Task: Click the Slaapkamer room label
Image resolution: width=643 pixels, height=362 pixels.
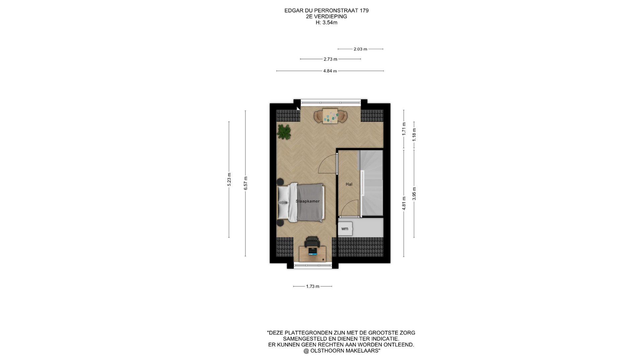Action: (307, 201)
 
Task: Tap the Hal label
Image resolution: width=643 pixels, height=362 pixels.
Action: (349, 184)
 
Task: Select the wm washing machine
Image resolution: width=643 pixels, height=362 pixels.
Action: (345, 229)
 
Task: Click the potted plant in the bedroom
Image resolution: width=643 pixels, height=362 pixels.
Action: (284, 132)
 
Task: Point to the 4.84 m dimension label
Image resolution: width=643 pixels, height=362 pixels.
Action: (330, 71)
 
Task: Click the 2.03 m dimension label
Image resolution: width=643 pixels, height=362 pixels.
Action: (360, 49)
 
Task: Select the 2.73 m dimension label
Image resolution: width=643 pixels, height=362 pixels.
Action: (330, 59)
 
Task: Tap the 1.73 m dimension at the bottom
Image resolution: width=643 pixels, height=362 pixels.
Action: (313, 287)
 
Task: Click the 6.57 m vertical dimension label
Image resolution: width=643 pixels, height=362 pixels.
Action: (245, 183)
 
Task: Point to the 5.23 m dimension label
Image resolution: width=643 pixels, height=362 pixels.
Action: (229, 179)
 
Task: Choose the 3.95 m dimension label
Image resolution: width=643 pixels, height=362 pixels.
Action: (414, 194)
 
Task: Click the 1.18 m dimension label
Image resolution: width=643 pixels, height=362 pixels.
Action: (414, 134)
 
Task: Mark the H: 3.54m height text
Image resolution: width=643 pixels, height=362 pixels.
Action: (327, 23)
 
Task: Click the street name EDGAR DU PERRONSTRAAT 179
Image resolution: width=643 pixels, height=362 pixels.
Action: (327, 11)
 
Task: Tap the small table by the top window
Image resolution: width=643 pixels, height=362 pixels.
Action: (330, 116)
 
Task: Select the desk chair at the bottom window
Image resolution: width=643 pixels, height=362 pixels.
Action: (312, 242)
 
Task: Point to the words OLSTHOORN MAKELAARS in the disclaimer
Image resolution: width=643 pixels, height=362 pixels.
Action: (344, 351)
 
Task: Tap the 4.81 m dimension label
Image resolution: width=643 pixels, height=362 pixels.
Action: (404, 203)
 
